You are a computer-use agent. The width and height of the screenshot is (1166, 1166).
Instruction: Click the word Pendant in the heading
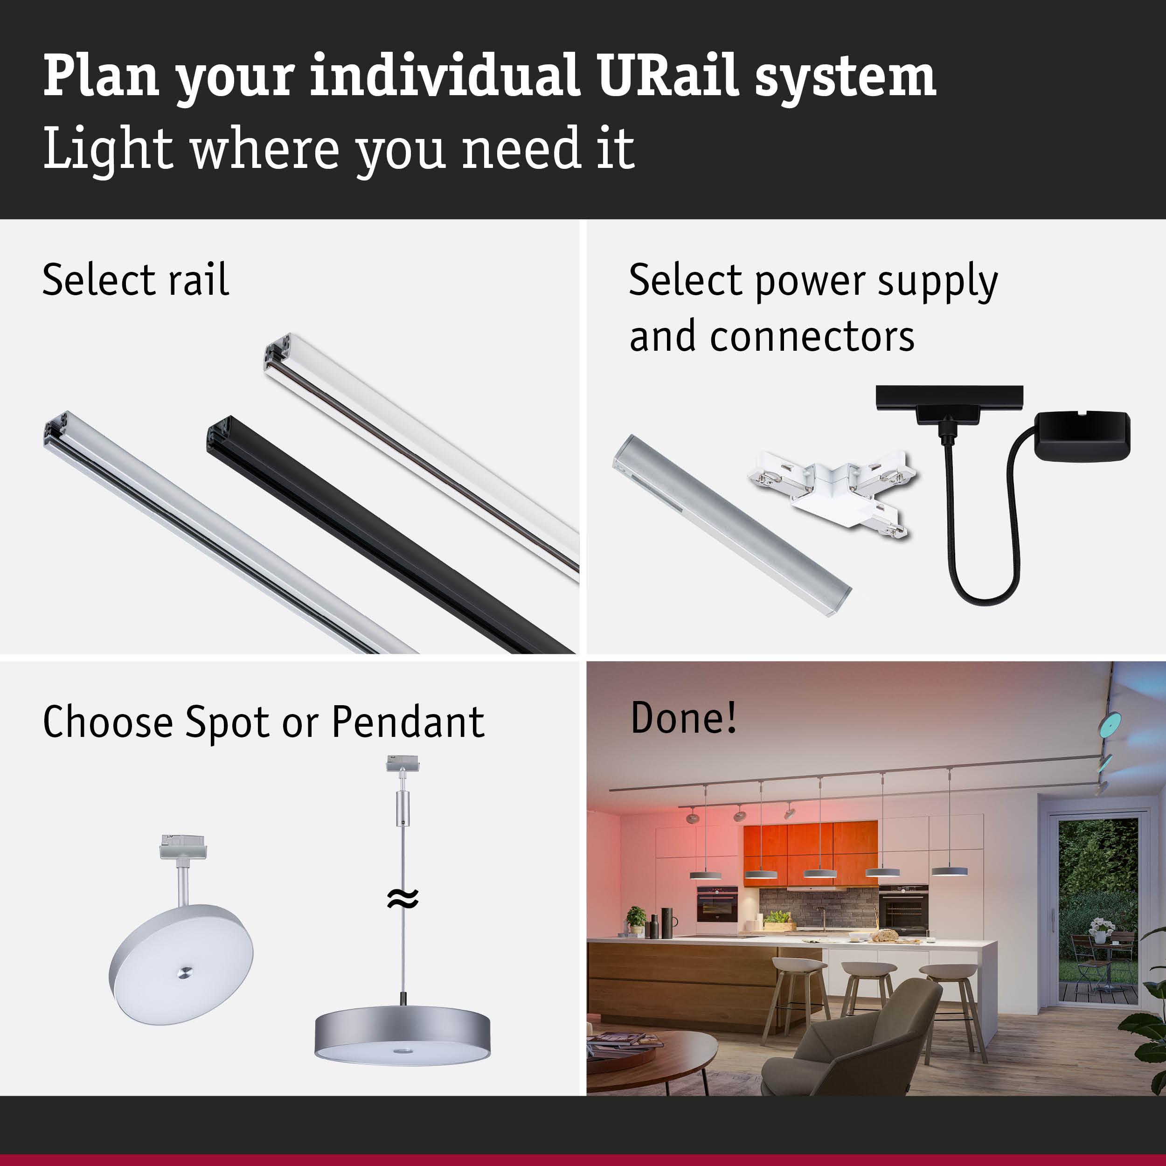point(408,722)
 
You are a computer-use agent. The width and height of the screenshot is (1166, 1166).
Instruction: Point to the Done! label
point(683,718)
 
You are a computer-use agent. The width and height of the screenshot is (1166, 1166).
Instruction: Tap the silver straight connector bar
point(731,524)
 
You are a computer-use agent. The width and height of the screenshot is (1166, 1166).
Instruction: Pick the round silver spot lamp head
point(180,965)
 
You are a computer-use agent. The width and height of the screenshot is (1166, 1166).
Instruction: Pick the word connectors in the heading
point(812,337)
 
